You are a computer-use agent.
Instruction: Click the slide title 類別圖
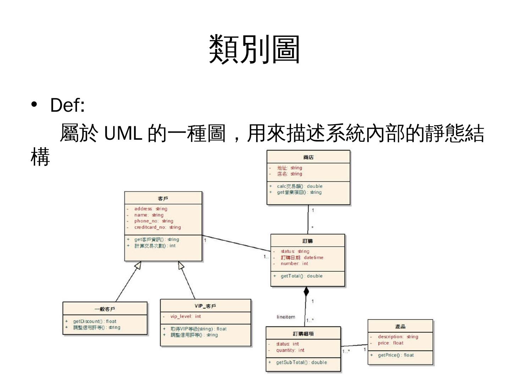click(x=254, y=49)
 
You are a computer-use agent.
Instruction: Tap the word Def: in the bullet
click(x=67, y=105)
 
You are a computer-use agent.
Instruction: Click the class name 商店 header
click(x=308, y=157)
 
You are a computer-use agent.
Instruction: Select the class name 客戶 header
click(x=163, y=198)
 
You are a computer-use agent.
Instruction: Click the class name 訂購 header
click(x=308, y=241)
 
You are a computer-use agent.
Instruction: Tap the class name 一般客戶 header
click(x=105, y=309)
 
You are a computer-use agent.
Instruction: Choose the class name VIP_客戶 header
click(x=205, y=306)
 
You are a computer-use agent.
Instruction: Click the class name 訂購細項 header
click(x=303, y=333)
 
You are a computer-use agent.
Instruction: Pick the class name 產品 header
click(x=400, y=326)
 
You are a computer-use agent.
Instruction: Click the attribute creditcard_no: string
click(x=157, y=227)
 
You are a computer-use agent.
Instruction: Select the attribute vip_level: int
click(x=185, y=316)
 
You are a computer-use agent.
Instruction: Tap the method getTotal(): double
click(x=301, y=276)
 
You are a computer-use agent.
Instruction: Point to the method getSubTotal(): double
click(x=301, y=362)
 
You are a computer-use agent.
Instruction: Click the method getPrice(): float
click(x=396, y=355)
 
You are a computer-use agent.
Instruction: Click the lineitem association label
click(x=286, y=317)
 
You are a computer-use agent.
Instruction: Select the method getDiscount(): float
click(x=94, y=321)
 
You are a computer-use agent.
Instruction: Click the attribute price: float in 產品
click(x=390, y=343)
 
